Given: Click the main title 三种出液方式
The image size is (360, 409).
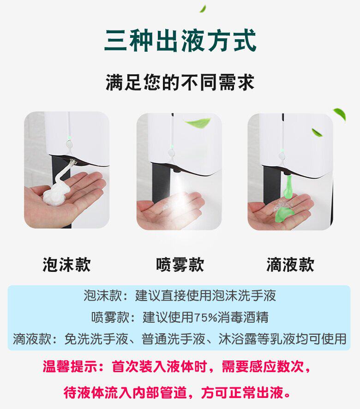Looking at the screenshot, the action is click(x=180, y=41).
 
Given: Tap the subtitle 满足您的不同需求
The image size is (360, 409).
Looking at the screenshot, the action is click(x=180, y=83).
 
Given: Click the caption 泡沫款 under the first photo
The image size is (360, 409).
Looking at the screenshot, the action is click(x=66, y=265).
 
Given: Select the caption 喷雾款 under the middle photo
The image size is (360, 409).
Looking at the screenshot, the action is click(x=180, y=265).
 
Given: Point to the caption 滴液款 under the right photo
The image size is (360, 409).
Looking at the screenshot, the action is click(x=290, y=265).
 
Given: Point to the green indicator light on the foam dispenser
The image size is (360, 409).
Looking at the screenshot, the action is click(x=69, y=137).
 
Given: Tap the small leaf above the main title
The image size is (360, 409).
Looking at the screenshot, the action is click(x=203, y=9).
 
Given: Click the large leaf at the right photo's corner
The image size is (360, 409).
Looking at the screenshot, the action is click(x=340, y=114).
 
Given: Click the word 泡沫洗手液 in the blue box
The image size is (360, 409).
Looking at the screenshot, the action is click(x=244, y=296).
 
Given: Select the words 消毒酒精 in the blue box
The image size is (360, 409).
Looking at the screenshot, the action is click(x=243, y=318).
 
